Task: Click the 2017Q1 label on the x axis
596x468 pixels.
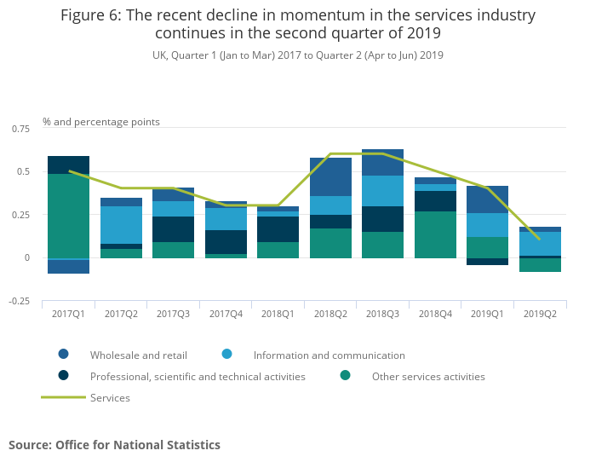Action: coord(68,315)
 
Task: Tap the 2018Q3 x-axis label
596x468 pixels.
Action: coord(382,315)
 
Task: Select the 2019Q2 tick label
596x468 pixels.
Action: coord(540,315)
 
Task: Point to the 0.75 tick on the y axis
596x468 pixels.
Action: coord(20,128)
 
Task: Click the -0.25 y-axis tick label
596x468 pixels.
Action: coord(18,301)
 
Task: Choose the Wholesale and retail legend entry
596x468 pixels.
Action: coord(138,355)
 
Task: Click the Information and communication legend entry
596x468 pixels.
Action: coord(329,355)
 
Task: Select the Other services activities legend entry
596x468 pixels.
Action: coord(428,376)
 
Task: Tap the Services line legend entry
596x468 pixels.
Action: coord(110,397)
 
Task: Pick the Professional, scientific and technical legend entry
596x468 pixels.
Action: coord(198,376)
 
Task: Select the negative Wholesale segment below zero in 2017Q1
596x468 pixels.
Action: coord(68,266)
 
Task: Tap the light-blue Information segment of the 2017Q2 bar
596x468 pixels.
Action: coord(121,225)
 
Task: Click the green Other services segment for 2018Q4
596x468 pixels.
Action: coord(435,234)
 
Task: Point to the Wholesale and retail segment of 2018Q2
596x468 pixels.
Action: coord(330,176)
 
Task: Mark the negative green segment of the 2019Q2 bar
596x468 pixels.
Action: coord(540,264)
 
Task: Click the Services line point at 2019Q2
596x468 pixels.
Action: coord(540,239)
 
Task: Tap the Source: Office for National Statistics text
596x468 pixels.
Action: coord(114,445)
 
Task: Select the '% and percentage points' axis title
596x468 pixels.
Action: coord(101,122)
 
